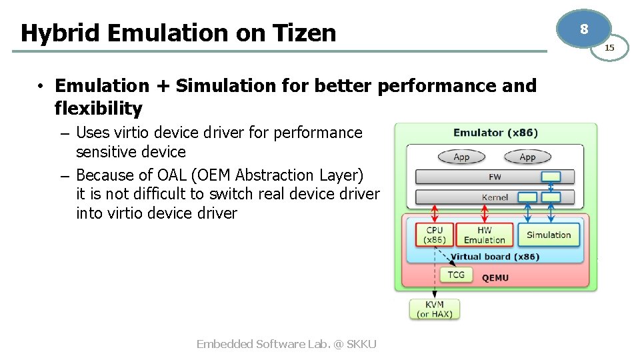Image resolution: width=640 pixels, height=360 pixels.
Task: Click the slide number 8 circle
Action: (x=585, y=29)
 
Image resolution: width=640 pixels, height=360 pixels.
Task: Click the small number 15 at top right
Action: (x=609, y=47)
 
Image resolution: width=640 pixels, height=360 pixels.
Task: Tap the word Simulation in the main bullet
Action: (x=209, y=86)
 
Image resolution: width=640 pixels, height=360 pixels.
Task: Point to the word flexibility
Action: (x=98, y=108)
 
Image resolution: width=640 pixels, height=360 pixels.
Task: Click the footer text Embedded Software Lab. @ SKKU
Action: (x=286, y=344)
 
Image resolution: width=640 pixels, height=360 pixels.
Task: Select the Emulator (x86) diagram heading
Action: (x=495, y=133)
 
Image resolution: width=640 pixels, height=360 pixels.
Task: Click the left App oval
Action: (x=461, y=157)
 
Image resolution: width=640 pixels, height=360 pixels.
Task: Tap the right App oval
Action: (x=527, y=157)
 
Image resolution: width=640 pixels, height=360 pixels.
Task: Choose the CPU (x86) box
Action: (x=435, y=235)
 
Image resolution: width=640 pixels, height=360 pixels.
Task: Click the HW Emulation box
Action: (x=485, y=235)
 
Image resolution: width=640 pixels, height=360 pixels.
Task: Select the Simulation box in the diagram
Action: (x=549, y=235)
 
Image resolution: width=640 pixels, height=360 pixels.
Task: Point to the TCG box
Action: (x=456, y=275)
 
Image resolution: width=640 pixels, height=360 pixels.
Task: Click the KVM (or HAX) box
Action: (x=435, y=309)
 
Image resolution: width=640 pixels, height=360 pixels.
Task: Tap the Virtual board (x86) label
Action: (x=495, y=257)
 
